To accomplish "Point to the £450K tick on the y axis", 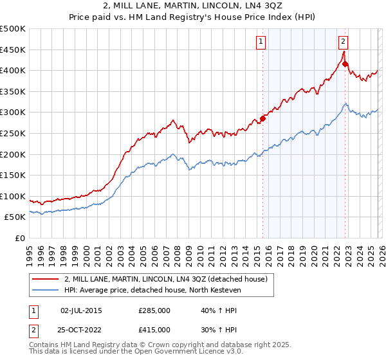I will tap(13, 50).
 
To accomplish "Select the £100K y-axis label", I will tap(13, 196).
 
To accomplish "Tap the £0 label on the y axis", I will tap(21, 238).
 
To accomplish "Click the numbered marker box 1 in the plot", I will tap(261, 42).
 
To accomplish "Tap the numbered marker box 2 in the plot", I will tap(344, 42).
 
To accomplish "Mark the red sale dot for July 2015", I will tap(262, 118).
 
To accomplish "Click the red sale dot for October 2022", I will tap(345, 64).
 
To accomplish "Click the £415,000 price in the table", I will tap(154, 329).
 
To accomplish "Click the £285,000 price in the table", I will tap(154, 310).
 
